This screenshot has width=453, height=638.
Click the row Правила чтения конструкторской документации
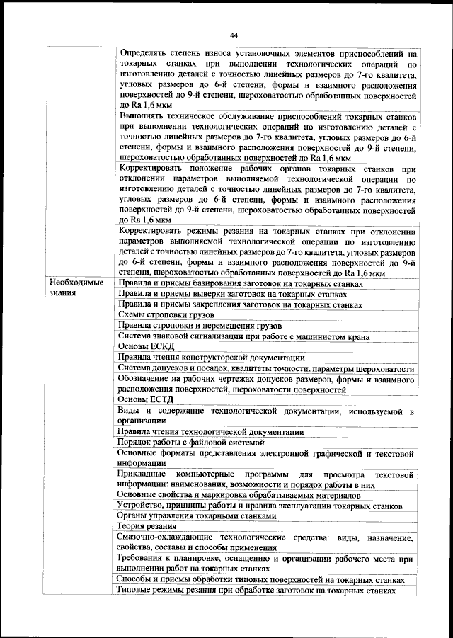pos(212,358)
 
